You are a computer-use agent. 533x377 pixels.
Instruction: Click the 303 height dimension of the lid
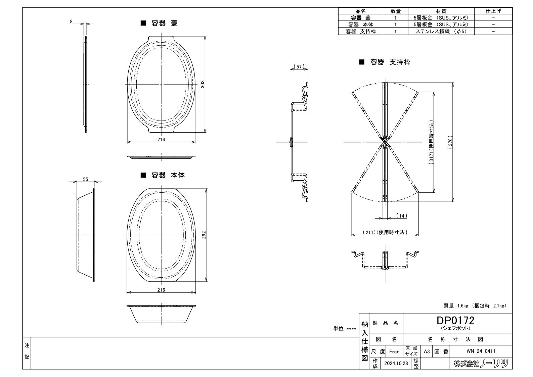203,84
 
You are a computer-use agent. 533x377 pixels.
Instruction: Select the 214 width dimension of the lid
161,140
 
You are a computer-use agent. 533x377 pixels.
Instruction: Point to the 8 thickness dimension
71,21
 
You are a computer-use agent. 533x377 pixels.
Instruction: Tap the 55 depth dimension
85,179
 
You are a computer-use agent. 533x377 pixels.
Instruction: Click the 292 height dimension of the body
204,235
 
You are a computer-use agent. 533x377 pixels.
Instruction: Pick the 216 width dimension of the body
161,290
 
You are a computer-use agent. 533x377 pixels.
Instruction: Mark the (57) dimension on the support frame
299,66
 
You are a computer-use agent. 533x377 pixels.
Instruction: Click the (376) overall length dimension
450,142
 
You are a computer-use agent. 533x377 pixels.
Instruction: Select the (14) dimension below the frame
402,216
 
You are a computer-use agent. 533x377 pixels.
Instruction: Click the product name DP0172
455,321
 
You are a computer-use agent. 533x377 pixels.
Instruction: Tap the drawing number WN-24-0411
481,351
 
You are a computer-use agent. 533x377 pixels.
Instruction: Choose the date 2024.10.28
396,363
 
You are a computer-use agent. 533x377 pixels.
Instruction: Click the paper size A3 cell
427,351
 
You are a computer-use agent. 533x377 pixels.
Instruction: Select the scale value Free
394,351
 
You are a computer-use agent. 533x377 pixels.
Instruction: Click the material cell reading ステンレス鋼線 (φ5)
441,31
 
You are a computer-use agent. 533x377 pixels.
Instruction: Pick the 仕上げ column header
493,11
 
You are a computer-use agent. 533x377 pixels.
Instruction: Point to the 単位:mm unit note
345,329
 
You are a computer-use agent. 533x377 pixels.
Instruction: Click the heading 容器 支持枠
390,62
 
